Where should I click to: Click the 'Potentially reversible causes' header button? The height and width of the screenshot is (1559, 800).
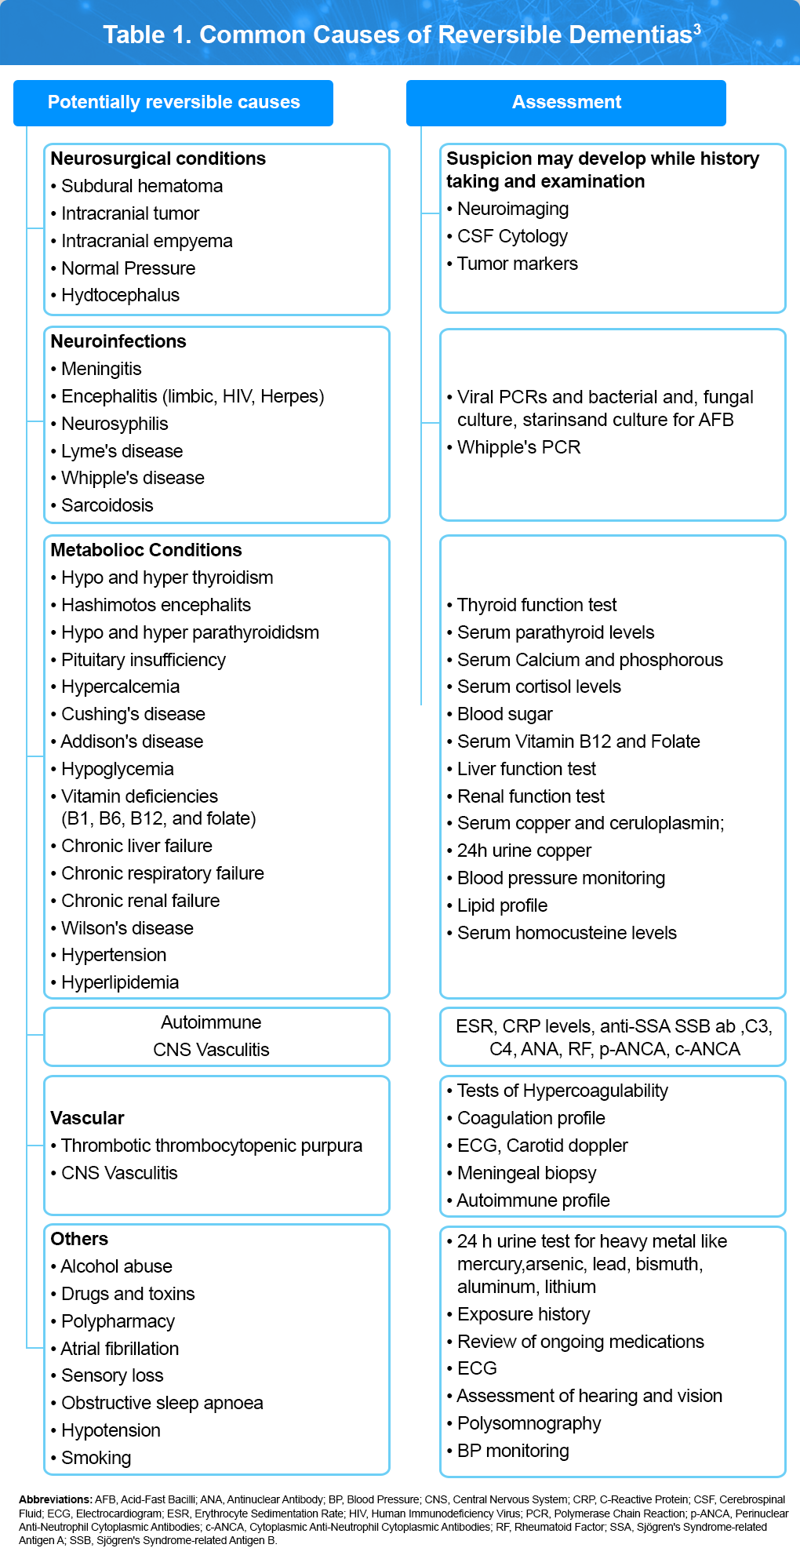(173, 103)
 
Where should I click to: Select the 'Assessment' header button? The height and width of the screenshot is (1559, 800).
(566, 103)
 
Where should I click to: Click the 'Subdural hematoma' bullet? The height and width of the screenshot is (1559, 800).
(142, 187)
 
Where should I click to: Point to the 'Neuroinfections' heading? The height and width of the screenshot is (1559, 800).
(118, 341)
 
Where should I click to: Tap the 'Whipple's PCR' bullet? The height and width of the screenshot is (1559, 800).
(518, 447)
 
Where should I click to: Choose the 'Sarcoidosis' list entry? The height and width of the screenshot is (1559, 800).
(107, 505)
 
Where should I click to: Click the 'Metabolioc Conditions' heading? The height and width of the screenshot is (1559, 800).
(146, 550)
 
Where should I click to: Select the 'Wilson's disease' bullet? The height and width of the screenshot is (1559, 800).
(127, 928)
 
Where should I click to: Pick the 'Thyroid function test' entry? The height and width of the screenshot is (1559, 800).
(536, 605)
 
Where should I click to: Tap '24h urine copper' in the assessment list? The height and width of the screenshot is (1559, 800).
(524, 851)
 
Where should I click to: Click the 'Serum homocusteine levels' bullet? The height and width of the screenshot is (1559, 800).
(566, 933)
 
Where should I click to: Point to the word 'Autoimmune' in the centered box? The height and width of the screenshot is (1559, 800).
(211, 1022)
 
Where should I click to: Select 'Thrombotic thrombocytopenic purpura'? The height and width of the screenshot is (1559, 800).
(212, 1146)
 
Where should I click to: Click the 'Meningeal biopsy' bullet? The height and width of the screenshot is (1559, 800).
(526, 1173)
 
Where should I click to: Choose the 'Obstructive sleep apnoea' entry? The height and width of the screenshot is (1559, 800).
(162, 1403)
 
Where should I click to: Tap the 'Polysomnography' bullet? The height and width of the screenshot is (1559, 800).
(529, 1423)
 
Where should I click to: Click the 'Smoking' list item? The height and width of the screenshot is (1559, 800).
(96, 1458)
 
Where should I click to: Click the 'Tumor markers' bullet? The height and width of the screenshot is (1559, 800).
(517, 264)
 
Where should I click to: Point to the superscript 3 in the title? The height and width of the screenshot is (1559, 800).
(697, 29)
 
